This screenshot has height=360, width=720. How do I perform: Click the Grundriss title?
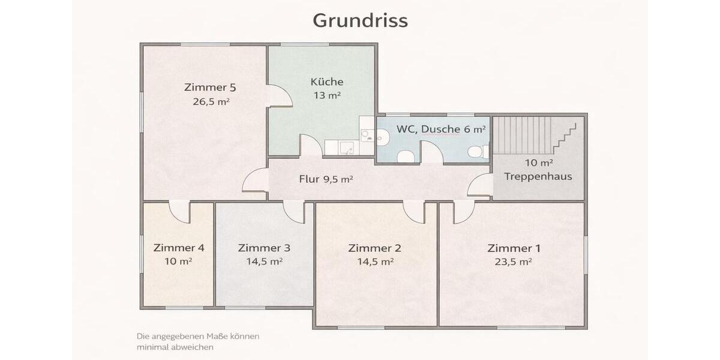click(x=360, y=20)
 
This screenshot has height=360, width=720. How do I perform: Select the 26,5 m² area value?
click(x=211, y=102)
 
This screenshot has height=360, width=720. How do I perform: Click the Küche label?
click(x=327, y=82)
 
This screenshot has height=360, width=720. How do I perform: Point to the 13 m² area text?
click(x=327, y=95)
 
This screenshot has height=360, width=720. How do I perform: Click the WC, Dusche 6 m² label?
click(x=441, y=129)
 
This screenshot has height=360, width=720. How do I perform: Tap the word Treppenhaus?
click(x=538, y=176)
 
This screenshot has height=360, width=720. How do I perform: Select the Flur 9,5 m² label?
click(x=326, y=179)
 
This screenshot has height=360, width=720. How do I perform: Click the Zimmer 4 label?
click(x=179, y=248)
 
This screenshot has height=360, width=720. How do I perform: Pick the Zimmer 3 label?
click(x=265, y=248)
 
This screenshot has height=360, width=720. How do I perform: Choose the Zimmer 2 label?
click(x=375, y=248)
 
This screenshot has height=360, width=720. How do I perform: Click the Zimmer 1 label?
click(x=514, y=248)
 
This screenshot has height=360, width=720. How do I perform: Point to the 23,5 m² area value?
click(x=514, y=262)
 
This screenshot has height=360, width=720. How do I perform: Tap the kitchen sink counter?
click(x=340, y=148)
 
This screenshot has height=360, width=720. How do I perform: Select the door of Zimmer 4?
click(x=179, y=211)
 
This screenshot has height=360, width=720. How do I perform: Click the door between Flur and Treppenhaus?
click(x=480, y=185)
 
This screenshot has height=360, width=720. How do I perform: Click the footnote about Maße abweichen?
click(x=198, y=341)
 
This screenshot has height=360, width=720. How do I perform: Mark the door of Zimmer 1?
click(x=463, y=212)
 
